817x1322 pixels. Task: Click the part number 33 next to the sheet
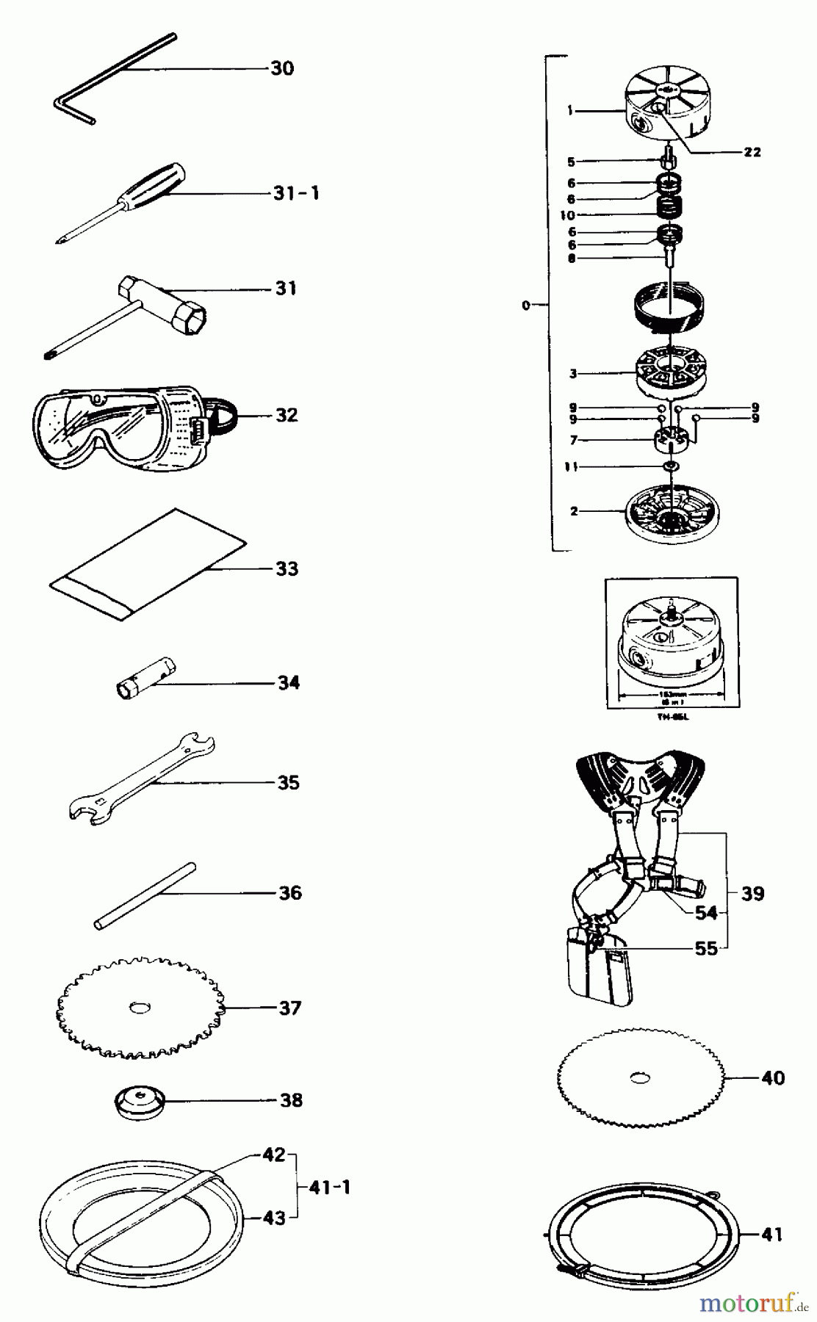pos(287,569)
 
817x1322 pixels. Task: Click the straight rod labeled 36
pos(145,896)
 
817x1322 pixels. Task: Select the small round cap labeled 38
pos(139,1103)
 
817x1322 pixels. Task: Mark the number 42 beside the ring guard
pos(273,1155)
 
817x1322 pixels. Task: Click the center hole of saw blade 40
pos(641,1078)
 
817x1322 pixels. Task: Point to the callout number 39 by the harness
pos(752,894)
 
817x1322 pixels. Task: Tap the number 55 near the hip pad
pos(705,948)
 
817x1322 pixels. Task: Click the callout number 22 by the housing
pos(751,152)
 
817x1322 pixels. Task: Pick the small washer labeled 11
pos(670,467)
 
